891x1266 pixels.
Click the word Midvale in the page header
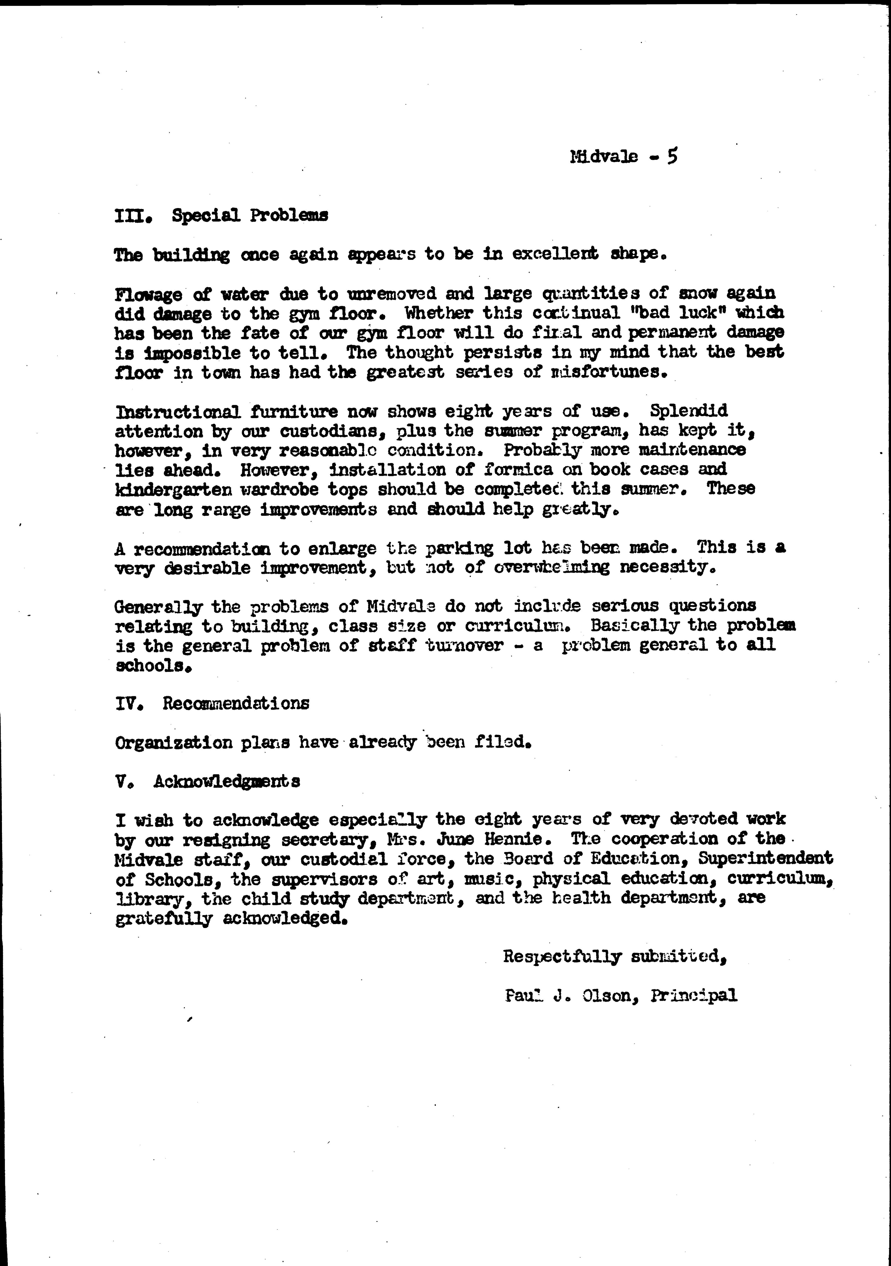[x=604, y=157]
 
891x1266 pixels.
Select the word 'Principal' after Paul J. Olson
[x=694, y=996]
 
